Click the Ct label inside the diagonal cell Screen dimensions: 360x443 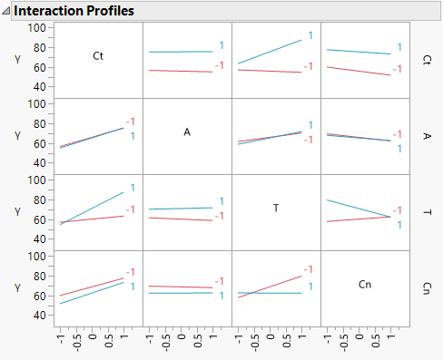[x=98, y=56]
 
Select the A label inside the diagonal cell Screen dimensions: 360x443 [x=187, y=132]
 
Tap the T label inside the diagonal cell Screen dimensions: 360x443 [x=276, y=209]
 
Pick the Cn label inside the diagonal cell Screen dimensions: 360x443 [x=365, y=285]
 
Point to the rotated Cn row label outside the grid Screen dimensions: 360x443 [x=428, y=287]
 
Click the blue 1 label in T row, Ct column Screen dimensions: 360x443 [x=132, y=188]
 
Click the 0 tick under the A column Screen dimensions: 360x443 [x=187, y=336]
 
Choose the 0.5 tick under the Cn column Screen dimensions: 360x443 [x=379, y=337]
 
